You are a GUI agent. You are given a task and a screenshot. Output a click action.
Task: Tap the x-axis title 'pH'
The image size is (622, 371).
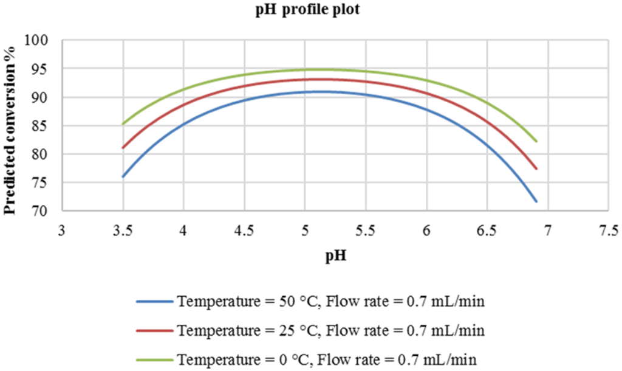(x=335, y=256)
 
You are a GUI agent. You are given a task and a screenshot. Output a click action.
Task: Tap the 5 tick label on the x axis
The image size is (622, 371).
(x=305, y=231)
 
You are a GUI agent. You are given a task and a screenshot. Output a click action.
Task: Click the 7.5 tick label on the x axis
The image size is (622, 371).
(x=609, y=231)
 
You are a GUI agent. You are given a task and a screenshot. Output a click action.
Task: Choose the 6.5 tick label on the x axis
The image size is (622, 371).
(x=487, y=231)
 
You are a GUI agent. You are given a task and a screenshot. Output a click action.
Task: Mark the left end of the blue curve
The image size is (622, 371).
(x=123, y=177)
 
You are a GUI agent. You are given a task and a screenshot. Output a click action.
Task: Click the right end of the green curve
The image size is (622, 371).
(x=536, y=142)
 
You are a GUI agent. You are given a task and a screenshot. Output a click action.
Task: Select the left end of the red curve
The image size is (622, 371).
(x=123, y=148)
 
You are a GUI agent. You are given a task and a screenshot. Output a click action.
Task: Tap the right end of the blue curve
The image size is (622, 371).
(x=536, y=201)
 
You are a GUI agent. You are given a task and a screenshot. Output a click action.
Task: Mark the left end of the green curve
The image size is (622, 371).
(x=123, y=124)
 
